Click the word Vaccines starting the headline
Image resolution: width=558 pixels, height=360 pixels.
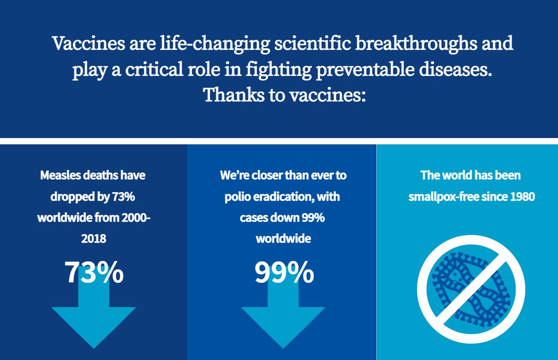pos(89,43)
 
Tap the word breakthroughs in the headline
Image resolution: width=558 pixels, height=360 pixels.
pos(416,43)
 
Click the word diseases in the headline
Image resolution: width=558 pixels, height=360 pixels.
pos(456,69)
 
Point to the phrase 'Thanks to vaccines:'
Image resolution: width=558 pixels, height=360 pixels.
pos(284,95)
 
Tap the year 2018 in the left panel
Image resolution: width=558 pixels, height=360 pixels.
pos(94,238)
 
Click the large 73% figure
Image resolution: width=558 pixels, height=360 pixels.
pos(94,272)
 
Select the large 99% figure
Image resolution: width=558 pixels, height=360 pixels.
pos(284,272)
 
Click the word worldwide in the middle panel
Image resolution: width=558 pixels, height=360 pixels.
pos(283,238)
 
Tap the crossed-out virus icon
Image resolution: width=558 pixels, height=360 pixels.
pos(471,289)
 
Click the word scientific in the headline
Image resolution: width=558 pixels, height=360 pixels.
pos(313,43)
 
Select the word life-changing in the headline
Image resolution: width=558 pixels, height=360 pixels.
pos(215,44)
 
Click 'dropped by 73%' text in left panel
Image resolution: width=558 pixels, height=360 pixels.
pos(93,197)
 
